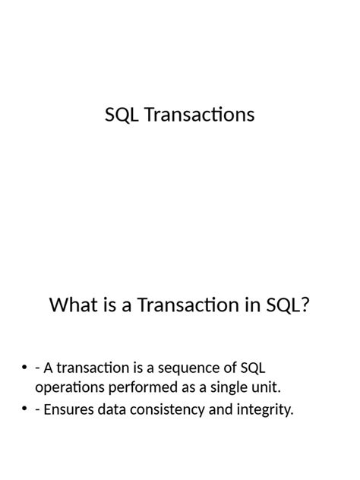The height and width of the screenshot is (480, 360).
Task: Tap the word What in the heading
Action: click(x=73, y=305)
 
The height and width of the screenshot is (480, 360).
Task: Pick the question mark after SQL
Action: click(x=306, y=305)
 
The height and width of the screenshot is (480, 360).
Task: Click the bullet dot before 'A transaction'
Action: click(x=24, y=368)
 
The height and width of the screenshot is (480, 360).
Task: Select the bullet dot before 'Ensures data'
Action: click(x=24, y=410)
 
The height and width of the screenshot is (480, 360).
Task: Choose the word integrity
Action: click(x=264, y=410)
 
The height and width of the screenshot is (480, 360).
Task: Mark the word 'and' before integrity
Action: click(x=219, y=410)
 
